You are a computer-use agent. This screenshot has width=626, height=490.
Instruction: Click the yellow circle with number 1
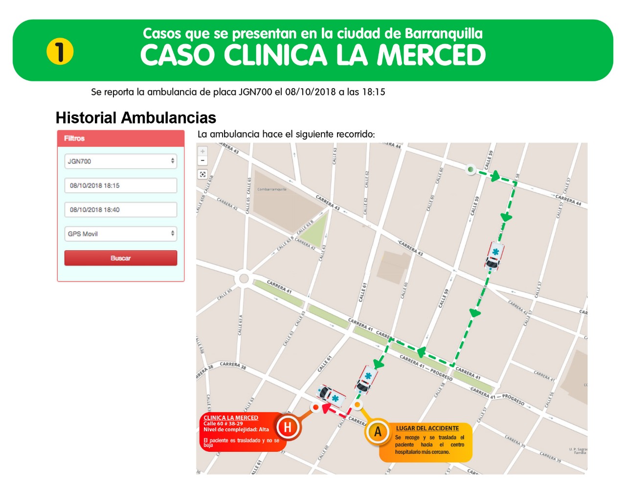point(60,51)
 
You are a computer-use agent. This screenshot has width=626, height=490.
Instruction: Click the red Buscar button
point(120,258)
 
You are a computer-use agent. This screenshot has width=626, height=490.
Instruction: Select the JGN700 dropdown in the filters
point(120,161)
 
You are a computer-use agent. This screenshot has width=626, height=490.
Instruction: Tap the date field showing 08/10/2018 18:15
point(120,186)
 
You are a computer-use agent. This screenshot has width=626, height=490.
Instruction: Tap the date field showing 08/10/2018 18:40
point(120,210)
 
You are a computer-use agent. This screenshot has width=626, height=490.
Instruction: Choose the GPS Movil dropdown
point(120,233)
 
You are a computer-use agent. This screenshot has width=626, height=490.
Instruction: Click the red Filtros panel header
point(120,139)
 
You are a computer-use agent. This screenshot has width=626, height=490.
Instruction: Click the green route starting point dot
point(470,169)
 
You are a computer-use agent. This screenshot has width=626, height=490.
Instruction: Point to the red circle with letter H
point(288,427)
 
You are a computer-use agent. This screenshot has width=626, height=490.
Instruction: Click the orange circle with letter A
point(378,432)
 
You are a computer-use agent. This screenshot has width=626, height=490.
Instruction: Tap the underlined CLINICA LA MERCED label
point(231,418)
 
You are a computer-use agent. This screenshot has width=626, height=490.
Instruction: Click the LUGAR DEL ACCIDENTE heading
point(427,428)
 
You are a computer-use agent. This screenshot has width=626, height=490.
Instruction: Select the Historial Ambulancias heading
point(136,118)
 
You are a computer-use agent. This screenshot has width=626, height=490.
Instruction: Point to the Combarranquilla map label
point(272,189)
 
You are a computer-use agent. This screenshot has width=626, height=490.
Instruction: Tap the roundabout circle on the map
point(243,280)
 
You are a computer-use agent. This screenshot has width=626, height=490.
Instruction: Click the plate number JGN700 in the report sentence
point(255,92)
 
